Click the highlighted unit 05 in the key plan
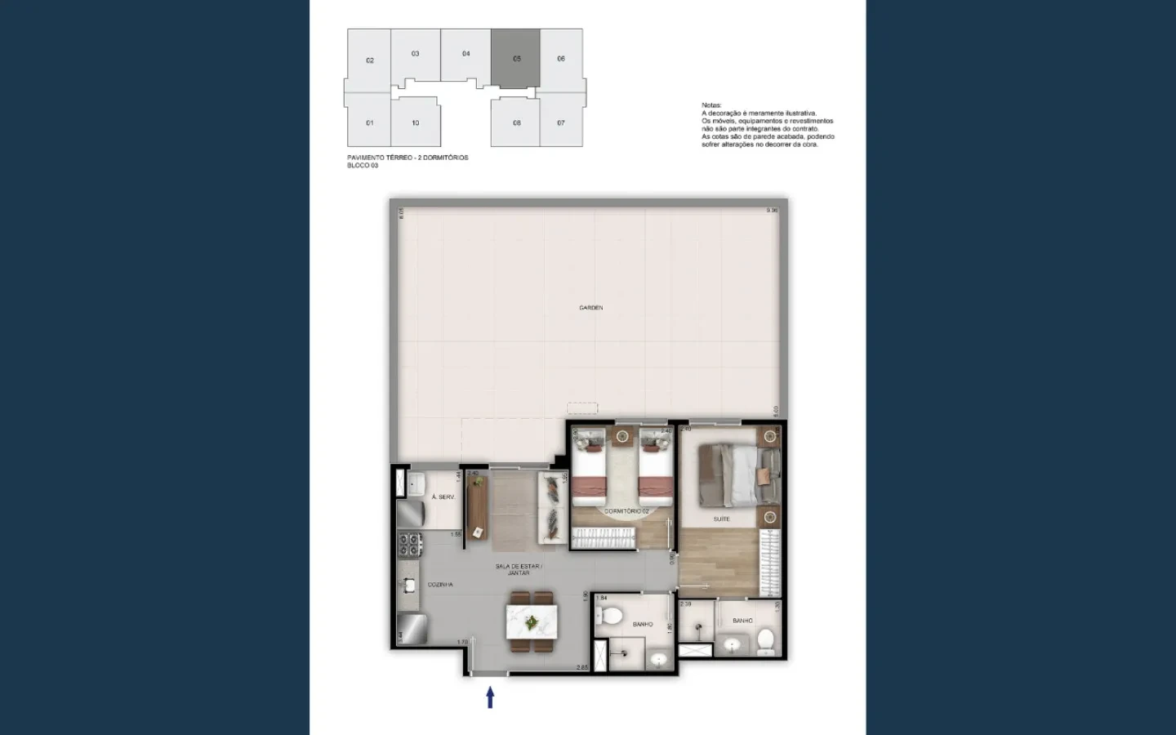point(515,59)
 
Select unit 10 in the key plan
point(415,123)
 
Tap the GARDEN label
point(590,308)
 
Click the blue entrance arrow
point(490,697)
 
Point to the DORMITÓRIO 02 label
point(626,511)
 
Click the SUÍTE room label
point(721,519)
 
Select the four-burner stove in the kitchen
point(408,545)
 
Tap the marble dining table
point(532,622)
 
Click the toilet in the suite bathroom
point(765,643)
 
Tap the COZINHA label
point(440,585)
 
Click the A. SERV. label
point(443,497)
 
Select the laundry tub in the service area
point(413,483)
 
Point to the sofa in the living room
point(553,508)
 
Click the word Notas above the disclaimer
point(711,105)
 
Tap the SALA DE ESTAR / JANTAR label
point(518,569)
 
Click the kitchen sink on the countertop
point(408,585)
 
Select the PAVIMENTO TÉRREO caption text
point(408,158)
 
